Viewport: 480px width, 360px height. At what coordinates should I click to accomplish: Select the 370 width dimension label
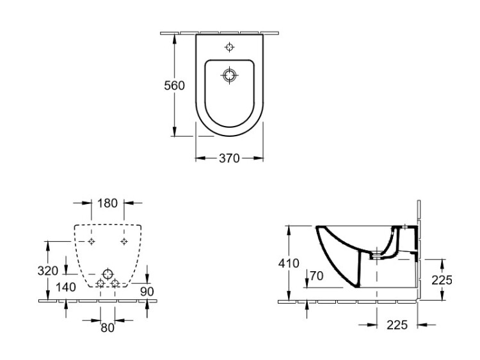pos(229,158)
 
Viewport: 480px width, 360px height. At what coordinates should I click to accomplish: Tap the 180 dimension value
pos(108,203)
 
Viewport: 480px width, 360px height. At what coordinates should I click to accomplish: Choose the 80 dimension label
pos(107,327)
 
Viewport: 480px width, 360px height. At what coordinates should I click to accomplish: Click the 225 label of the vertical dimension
pos(442,279)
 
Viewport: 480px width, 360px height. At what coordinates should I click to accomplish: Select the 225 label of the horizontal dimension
pos(397,325)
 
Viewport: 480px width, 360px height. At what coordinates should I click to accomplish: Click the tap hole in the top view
pos(230,47)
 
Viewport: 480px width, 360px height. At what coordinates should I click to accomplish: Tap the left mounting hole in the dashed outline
pos(92,241)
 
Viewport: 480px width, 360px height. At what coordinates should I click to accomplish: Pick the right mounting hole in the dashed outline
pos(124,241)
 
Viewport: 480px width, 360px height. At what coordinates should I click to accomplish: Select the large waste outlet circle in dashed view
pos(108,271)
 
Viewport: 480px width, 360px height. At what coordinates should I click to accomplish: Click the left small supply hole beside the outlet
pos(100,283)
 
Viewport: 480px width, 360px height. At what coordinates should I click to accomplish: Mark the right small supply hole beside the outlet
pos(115,283)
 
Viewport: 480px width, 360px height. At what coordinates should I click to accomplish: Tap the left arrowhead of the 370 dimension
pos(198,158)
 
